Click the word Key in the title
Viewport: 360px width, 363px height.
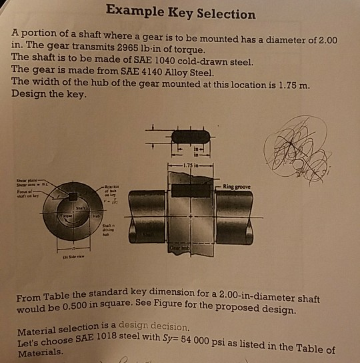181,13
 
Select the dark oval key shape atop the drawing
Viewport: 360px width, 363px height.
190,136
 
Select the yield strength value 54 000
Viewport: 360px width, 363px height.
223,342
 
